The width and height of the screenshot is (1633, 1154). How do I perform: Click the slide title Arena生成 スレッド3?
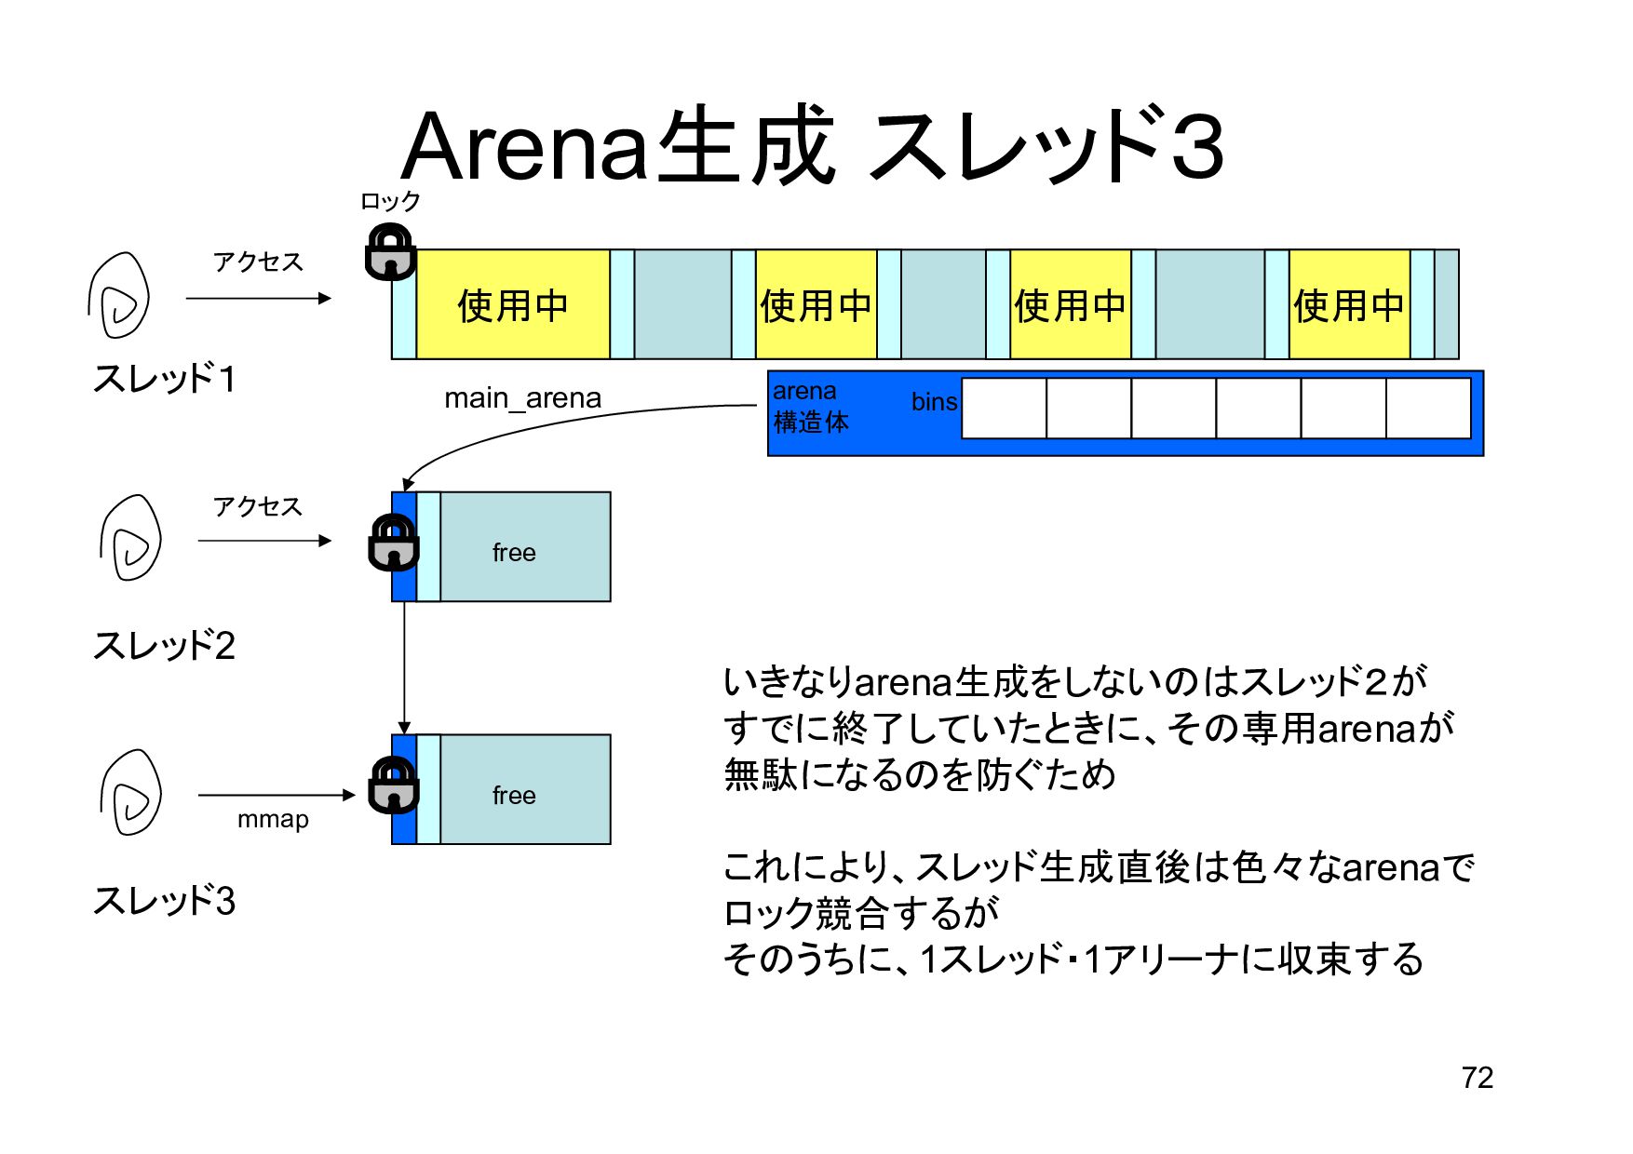click(812, 146)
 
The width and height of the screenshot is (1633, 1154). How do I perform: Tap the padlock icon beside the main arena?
click(390, 251)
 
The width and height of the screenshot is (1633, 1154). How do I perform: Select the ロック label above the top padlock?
click(390, 201)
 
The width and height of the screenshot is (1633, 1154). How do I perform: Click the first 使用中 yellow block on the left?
click(512, 304)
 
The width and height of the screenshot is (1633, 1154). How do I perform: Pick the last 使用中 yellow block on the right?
click(1348, 304)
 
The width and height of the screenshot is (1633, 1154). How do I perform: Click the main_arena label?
click(522, 398)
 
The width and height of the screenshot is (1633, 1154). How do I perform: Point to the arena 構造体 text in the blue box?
click(810, 408)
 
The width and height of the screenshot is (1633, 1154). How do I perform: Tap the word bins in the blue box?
click(934, 402)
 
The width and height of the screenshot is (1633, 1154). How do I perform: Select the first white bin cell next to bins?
click(1004, 408)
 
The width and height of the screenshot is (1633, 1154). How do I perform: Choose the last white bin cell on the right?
click(1428, 408)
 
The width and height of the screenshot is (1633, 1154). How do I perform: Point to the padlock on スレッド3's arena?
click(393, 785)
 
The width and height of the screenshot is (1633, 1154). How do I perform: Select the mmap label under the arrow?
click(273, 820)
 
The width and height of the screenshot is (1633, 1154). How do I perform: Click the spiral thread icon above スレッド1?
click(119, 296)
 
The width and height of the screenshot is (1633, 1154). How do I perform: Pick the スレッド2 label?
click(164, 645)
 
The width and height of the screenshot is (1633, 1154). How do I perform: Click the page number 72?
click(1477, 1078)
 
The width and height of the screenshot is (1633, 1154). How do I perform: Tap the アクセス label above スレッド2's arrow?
click(258, 506)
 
